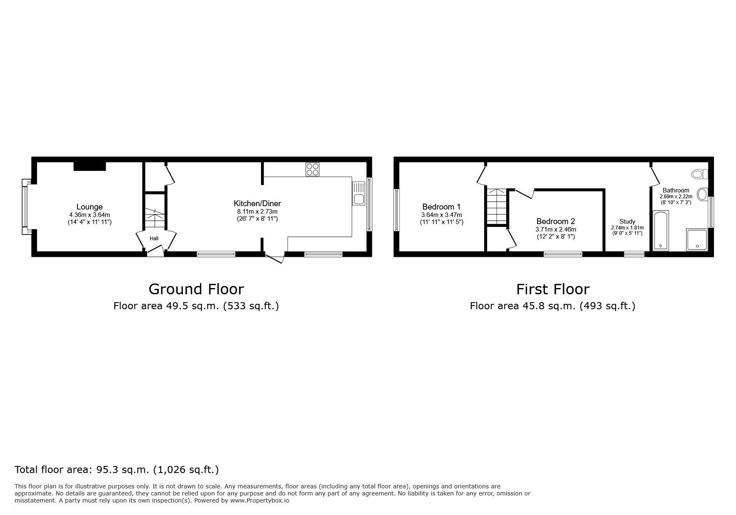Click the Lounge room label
click(89, 207)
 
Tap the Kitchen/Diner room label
click(257, 203)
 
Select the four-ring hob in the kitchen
click(313, 169)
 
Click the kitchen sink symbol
click(358, 193)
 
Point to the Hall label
click(154, 239)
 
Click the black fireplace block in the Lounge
click(90, 166)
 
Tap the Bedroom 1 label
click(441, 207)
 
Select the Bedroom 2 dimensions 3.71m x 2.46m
click(555, 229)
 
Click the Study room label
click(627, 222)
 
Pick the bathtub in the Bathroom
click(661, 231)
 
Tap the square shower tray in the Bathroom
click(697, 240)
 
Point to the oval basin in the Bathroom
click(702, 194)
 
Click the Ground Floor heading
click(196, 289)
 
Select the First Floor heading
click(553, 289)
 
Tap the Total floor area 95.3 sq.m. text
click(116, 470)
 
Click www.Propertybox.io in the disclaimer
click(259, 501)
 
